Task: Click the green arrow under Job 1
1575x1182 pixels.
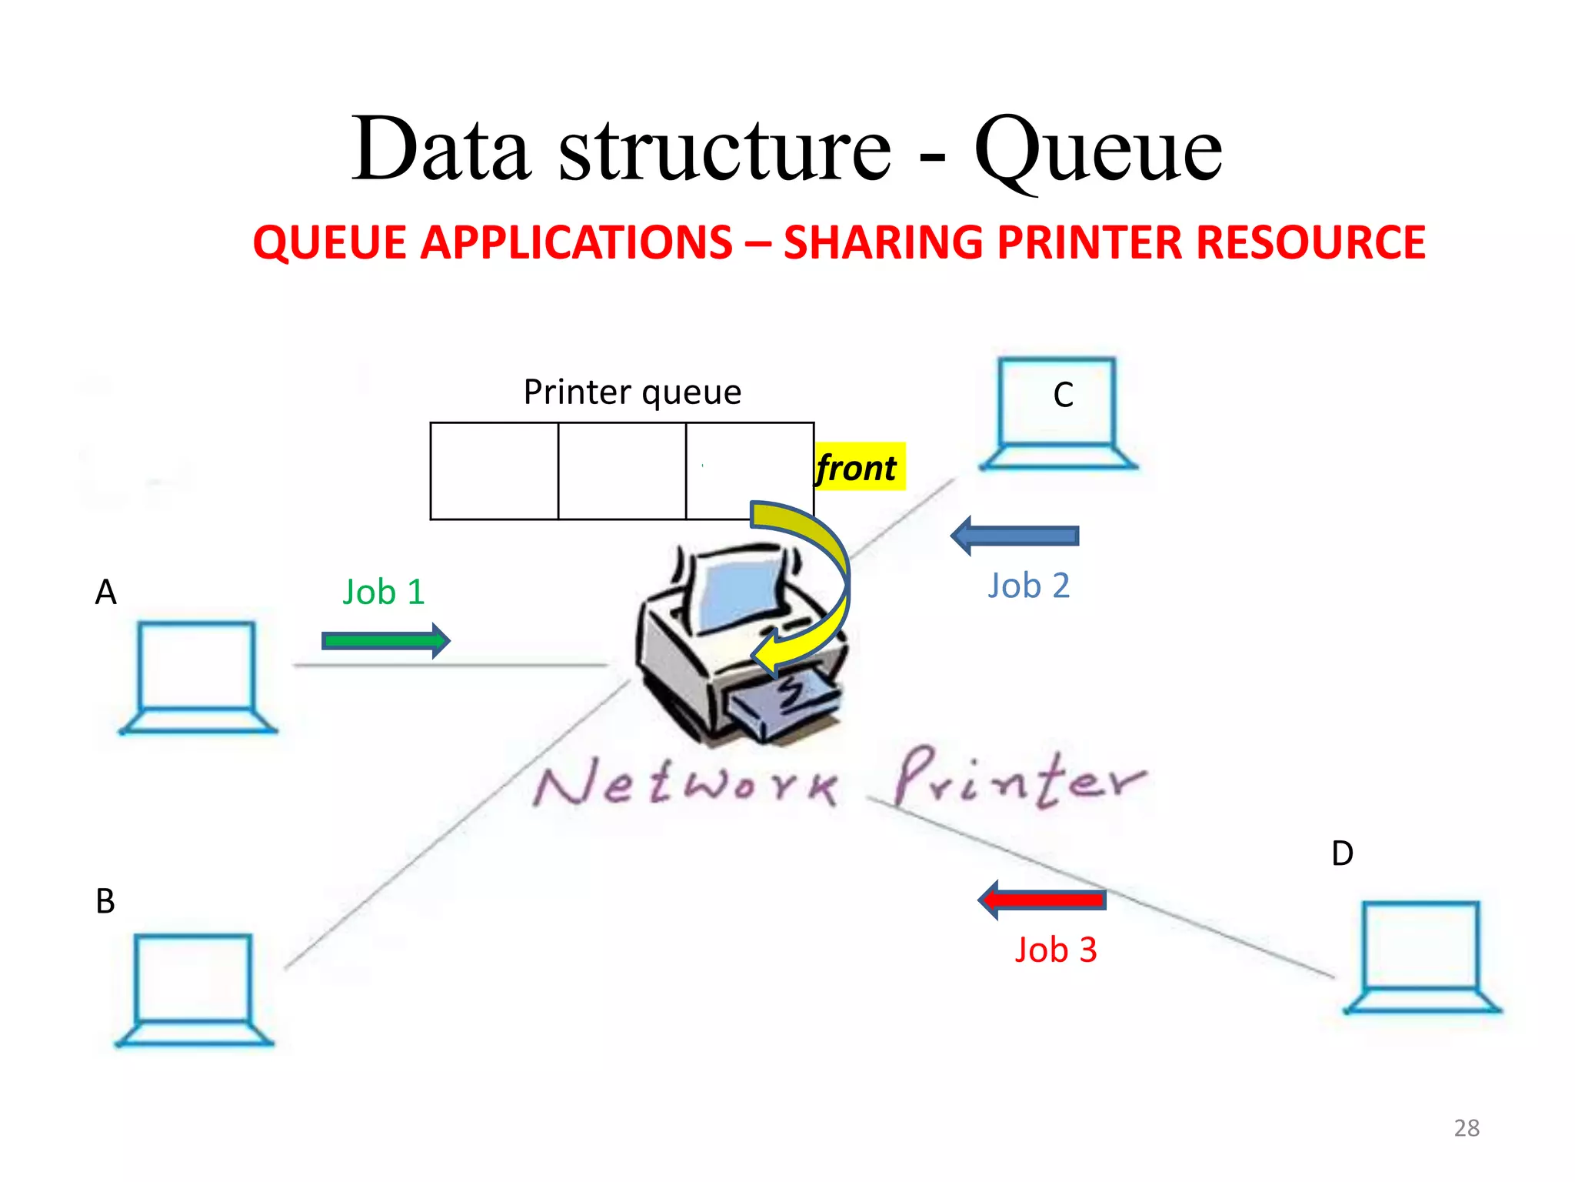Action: [x=385, y=640]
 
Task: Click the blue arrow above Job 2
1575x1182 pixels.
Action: [x=1014, y=536]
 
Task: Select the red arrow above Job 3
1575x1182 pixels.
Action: [x=1042, y=900]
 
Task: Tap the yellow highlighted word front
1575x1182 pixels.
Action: [x=857, y=467]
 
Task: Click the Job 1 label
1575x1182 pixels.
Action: [x=384, y=592]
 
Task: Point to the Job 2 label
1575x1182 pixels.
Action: [x=1029, y=586]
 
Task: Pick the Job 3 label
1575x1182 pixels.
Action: [x=1056, y=950]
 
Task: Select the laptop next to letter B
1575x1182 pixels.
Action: [x=195, y=990]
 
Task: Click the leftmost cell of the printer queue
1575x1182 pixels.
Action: [x=494, y=471]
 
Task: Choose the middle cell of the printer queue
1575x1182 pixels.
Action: [x=621, y=471]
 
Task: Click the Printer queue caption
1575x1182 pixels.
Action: [x=632, y=392]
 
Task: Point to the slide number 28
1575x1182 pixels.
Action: [x=1467, y=1128]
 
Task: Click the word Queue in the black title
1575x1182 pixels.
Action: [x=1097, y=149]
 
